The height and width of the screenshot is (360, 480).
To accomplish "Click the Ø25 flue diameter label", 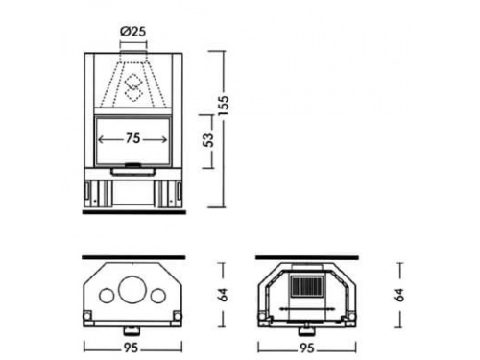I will click(133, 32).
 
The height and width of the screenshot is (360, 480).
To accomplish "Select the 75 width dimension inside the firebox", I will click(133, 138).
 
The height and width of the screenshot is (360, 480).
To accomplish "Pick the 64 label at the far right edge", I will click(400, 293).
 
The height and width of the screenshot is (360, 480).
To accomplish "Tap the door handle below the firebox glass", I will click(133, 169).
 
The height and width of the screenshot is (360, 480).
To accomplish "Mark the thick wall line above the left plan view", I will click(133, 257).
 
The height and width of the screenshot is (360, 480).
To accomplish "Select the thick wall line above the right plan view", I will click(308, 257).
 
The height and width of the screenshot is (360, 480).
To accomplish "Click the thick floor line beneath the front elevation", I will click(133, 212).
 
